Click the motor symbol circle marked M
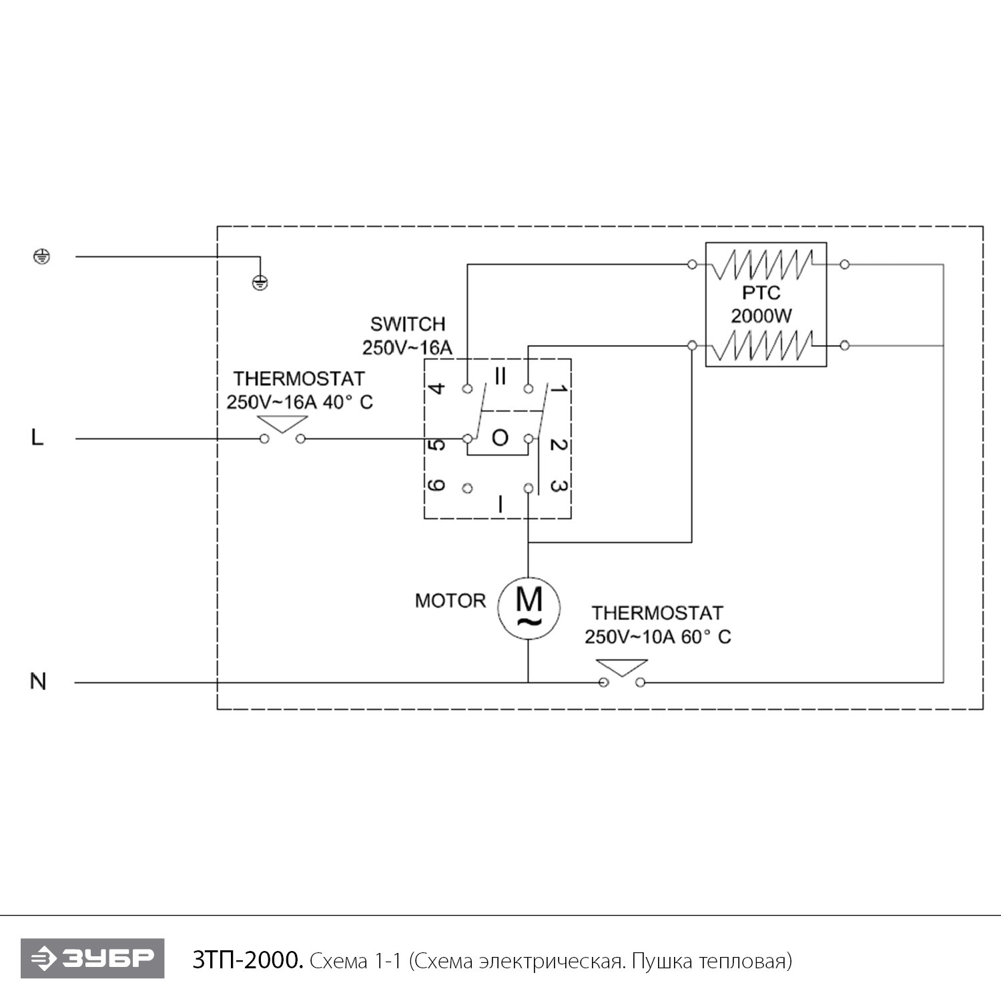pos(529,608)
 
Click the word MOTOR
pos(450,601)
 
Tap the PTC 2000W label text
pos(761,304)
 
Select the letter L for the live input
pos(37,438)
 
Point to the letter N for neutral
pos(38,681)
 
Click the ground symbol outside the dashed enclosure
pos(41,256)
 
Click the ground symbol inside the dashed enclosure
pos(260,283)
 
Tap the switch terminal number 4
pos(436,388)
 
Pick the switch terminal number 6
pos(436,485)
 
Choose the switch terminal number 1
pos(559,388)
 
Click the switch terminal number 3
pos(559,486)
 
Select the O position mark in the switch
pos(500,438)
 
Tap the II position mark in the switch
pos(500,377)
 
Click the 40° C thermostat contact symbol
pos(282,430)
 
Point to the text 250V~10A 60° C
pos(657,637)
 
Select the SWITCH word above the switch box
pos(408,324)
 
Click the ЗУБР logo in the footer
pos(92,959)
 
